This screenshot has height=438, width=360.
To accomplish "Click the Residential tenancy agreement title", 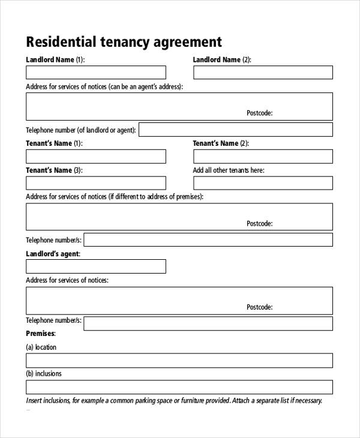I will click(x=124, y=42).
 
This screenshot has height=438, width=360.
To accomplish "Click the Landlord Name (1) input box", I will click(x=96, y=73).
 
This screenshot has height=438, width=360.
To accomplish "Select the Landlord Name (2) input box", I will click(x=263, y=73).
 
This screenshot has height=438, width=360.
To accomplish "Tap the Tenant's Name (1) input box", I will click(x=96, y=157).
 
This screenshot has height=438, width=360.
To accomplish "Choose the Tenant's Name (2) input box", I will click(x=263, y=157).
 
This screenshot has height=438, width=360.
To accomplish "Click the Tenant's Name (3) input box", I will click(x=96, y=183).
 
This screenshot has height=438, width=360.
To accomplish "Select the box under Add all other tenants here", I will click(x=263, y=183).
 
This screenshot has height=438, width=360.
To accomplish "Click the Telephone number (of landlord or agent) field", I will click(x=236, y=130).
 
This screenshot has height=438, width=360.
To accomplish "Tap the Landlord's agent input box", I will click(x=96, y=266).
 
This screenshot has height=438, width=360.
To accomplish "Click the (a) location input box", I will click(x=179, y=360).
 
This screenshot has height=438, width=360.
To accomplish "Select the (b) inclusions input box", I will click(x=179, y=387).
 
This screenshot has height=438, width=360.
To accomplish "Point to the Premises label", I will click(x=41, y=333).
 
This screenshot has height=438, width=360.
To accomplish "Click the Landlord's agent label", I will click(x=53, y=254).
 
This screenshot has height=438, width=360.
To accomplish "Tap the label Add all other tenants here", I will click(x=229, y=170).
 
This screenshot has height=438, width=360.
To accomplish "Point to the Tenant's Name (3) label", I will click(x=54, y=170).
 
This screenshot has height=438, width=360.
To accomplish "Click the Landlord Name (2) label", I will click(x=221, y=60).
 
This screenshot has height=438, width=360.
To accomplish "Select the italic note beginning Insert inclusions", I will click(x=174, y=401).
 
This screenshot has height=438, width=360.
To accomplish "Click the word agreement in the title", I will click(x=188, y=42).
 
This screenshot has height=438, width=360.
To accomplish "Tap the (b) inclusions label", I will click(x=44, y=374).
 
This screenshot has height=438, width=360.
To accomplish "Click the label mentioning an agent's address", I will click(x=104, y=87).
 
